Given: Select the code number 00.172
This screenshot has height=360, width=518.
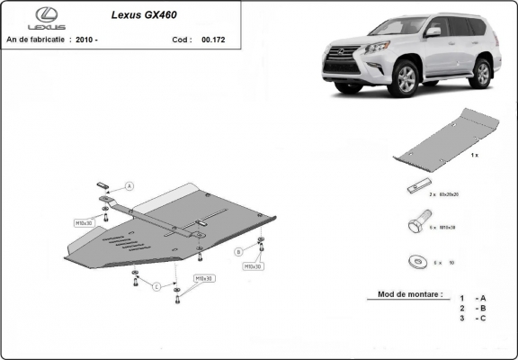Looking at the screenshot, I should click(x=213, y=40).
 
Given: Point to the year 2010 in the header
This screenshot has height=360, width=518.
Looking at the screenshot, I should click(x=87, y=40).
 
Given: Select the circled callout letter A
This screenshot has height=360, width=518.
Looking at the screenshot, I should click(x=129, y=185).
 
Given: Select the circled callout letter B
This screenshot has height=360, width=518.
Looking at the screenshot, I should click(x=238, y=251).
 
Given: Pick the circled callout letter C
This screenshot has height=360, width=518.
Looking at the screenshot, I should click(x=156, y=286).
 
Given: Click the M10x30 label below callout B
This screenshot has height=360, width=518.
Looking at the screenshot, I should click(x=252, y=266).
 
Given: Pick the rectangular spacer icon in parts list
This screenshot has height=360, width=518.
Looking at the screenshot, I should click(x=415, y=189).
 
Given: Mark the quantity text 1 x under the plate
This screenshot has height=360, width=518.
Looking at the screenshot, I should click(x=474, y=156).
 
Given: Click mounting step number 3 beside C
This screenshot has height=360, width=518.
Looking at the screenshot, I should click(x=461, y=318).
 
